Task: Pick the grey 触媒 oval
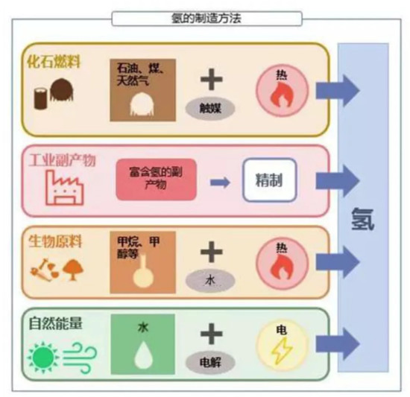click(x=211, y=108)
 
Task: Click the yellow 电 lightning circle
click(x=282, y=345)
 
